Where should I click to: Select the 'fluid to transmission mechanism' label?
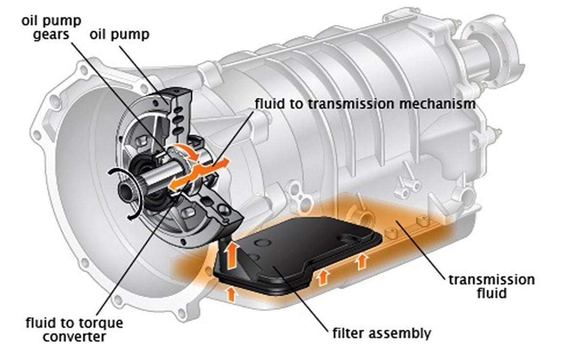point(364,103)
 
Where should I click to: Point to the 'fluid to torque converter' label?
point(74,329)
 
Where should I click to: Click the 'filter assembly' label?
point(381,334)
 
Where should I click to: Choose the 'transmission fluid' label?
point(491,286)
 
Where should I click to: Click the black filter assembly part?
point(302,254)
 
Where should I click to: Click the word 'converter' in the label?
point(74,337)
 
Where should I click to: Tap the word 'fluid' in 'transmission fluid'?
point(491,293)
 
